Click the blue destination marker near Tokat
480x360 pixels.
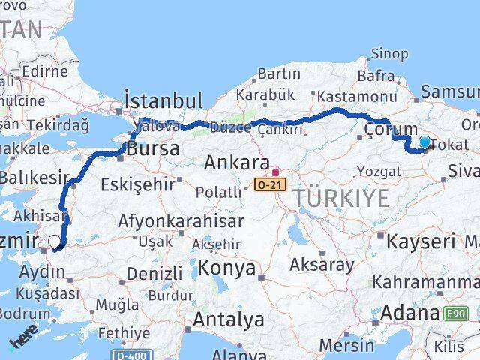click(425, 142)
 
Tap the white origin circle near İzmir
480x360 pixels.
click(54, 241)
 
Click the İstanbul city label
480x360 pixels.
click(163, 101)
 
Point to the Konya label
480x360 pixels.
click(226, 268)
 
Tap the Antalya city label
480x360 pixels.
click(228, 319)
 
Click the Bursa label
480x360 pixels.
click(153, 148)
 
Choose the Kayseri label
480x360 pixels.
click(421, 241)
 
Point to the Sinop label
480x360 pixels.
click(390, 54)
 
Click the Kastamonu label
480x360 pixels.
click(356, 97)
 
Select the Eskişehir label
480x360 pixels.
click(142, 182)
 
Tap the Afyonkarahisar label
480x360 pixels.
click(181, 222)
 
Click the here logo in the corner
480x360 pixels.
click(22, 342)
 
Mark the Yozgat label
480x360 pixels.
click(379, 172)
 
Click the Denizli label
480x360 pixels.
click(154, 273)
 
